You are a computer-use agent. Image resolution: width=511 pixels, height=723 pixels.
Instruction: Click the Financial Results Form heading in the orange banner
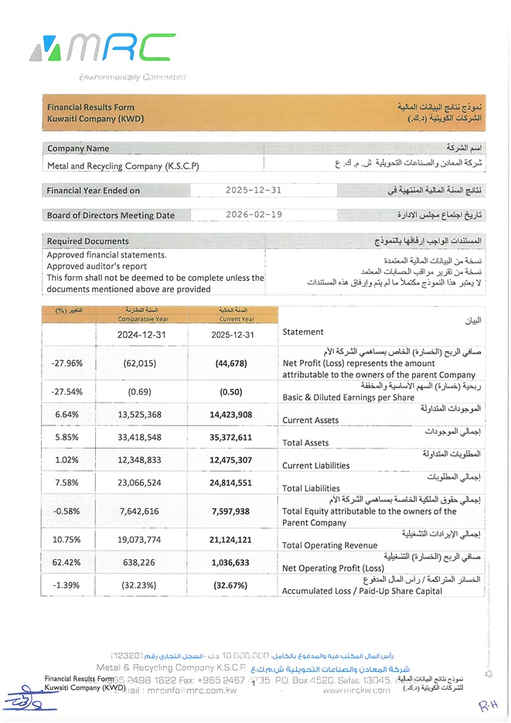[x=90, y=107]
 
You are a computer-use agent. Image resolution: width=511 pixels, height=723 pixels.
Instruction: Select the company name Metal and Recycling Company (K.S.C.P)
[x=123, y=165]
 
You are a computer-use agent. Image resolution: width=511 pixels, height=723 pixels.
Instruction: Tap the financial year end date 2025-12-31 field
[x=253, y=190]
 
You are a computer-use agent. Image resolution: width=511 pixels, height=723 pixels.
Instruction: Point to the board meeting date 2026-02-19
[x=253, y=215]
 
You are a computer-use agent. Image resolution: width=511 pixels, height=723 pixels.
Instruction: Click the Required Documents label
[x=88, y=241]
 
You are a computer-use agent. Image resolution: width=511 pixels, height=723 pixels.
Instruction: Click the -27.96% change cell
[x=66, y=363]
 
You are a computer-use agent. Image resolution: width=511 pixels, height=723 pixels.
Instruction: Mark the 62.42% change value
[x=66, y=563]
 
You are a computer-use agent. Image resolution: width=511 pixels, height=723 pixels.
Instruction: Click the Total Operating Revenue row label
[x=329, y=545]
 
